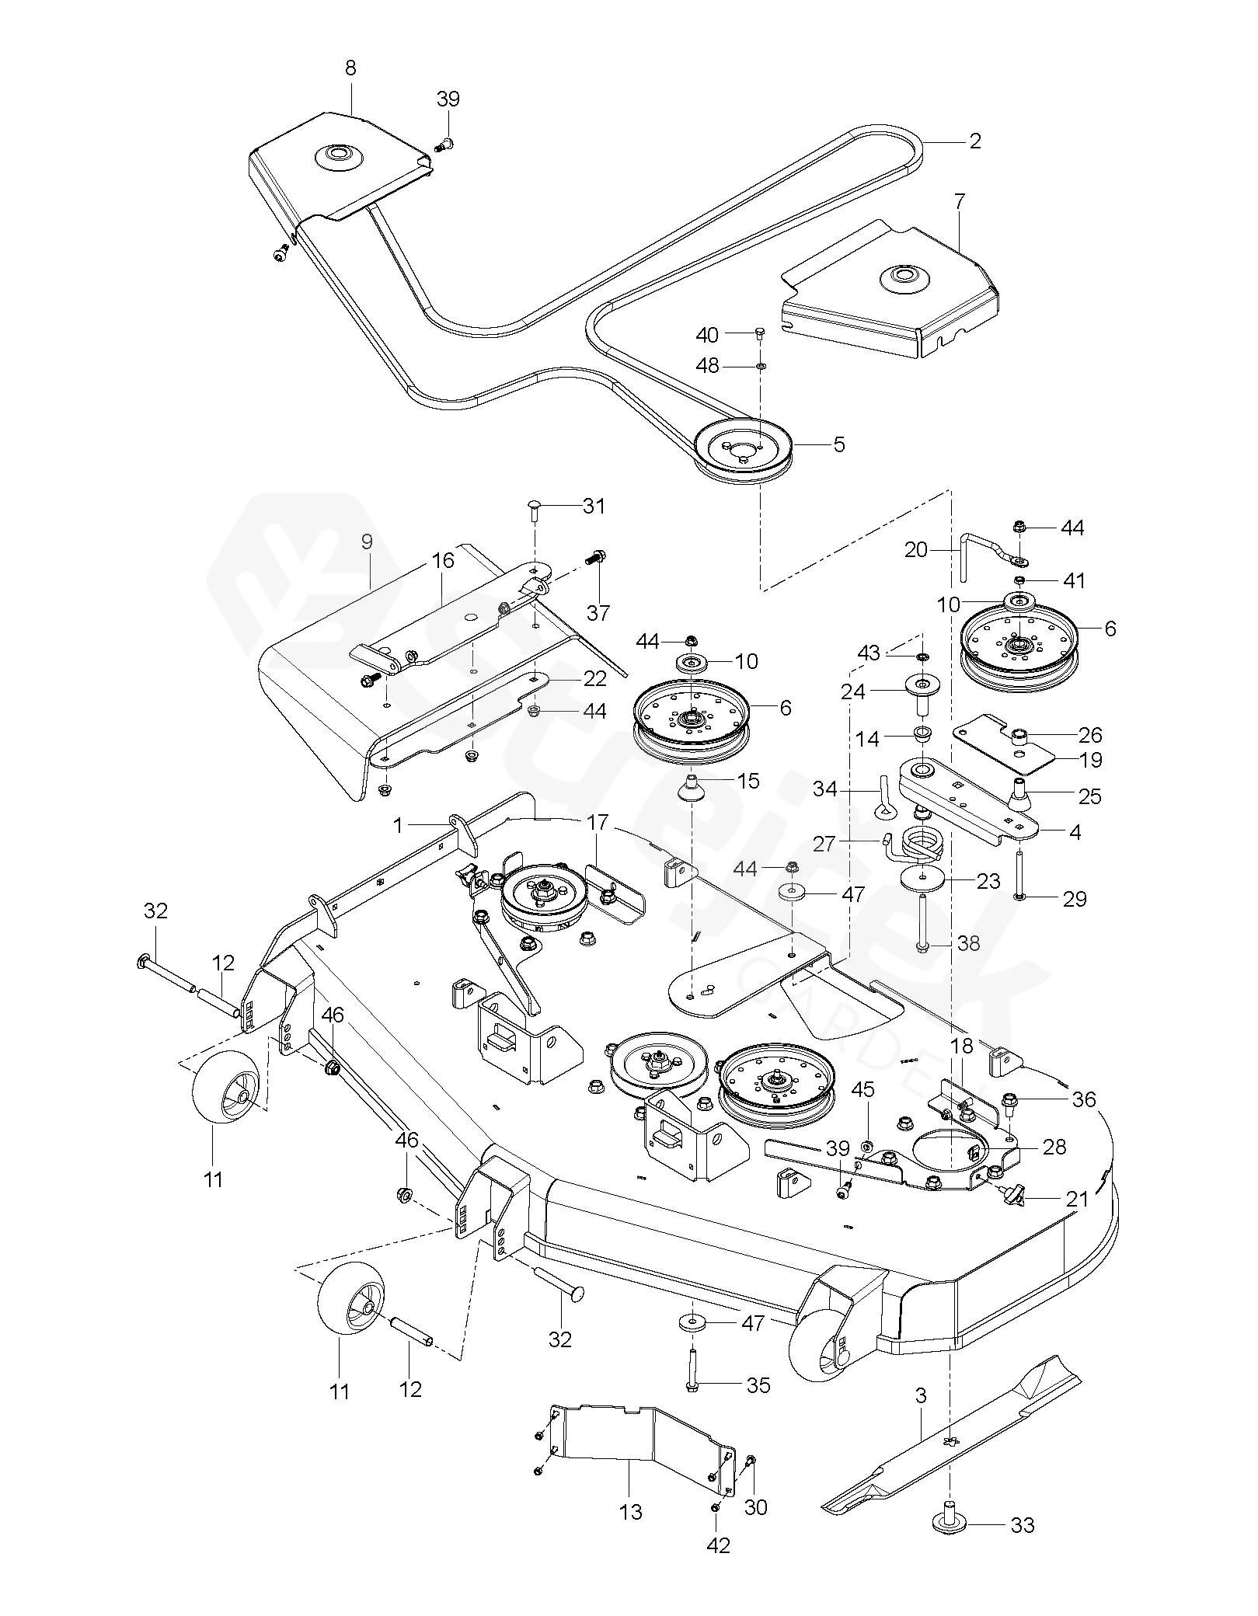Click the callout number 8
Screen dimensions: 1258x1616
coord(350,68)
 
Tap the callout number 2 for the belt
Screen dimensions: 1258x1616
coord(975,141)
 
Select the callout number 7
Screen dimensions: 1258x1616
coord(960,201)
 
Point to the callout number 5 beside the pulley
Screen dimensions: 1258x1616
coord(838,444)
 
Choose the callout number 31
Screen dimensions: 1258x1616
coord(594,506)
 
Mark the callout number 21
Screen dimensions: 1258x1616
coord(1078,1199)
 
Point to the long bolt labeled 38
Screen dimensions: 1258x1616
coord(922,923)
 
